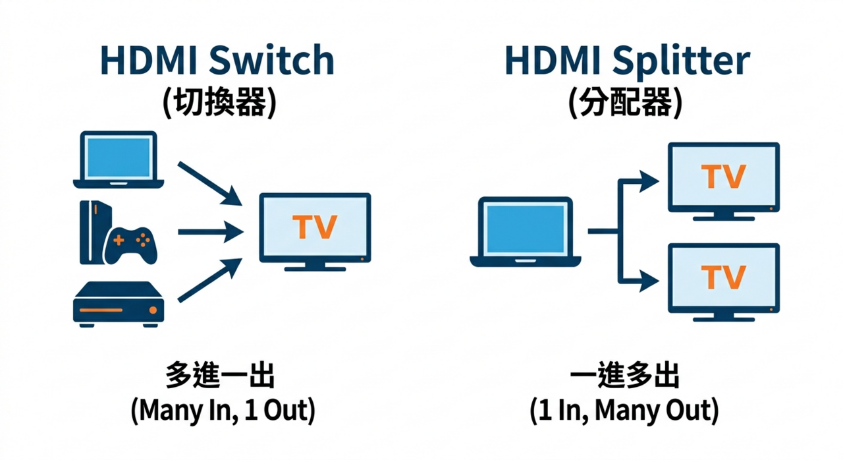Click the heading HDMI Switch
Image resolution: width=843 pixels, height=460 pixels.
(x=217, y=61)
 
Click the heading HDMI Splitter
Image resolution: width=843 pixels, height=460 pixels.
(x=626, y=61)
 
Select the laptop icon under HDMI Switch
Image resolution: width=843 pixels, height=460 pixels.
(x=119, y=159)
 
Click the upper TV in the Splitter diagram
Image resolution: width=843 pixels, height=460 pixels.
(x=724, y=178)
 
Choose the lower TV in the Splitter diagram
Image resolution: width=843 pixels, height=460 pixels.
(x=724, y=279)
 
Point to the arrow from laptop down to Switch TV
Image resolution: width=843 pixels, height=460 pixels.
(x=209, y=183)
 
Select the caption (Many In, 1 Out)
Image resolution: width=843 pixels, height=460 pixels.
(x=223, y=411)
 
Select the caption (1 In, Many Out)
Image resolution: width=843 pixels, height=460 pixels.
(x=624, y=411)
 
